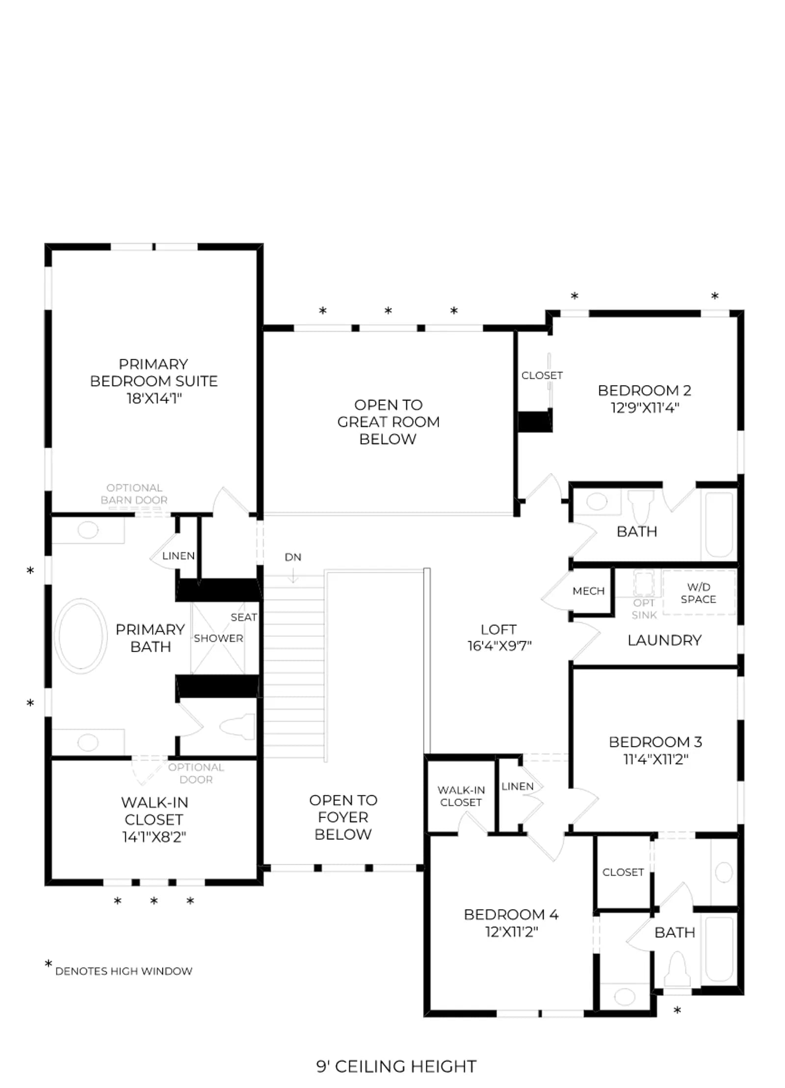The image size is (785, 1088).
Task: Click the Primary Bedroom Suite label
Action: tap(154, 381)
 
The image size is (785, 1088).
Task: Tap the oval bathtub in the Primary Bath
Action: tap(80, 635)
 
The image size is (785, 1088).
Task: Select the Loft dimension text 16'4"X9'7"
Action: tap(499, 646)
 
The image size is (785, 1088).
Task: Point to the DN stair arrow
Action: tap(293, 575)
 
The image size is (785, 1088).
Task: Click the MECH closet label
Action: tap(588, 591)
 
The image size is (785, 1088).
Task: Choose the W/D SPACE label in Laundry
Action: tap(698, 593)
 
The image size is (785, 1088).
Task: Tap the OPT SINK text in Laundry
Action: tap(644, 609)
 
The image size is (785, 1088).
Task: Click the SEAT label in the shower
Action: tap(243, 617)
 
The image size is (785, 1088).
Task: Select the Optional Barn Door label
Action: tap(134, 494)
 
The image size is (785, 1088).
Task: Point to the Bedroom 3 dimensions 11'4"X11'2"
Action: tap(655, 759)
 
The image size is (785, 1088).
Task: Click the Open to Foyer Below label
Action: tap(343, 817)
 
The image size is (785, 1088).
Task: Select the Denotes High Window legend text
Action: tap(124, 971)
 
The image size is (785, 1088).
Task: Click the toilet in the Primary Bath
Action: tap(237, 726)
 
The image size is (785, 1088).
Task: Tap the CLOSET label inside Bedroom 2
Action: tap(542, 375)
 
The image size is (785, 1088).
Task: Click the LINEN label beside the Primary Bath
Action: tap(178, 556)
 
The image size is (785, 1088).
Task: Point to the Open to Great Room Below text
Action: tap(388, 422)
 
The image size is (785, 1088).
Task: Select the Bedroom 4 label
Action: tap(511, 914)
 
